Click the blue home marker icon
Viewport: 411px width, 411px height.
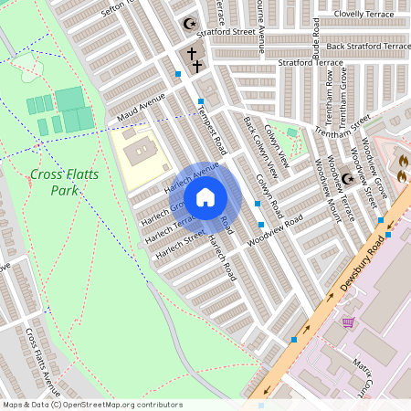tap(205, 197)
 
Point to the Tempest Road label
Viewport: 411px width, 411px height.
tap(211, 127)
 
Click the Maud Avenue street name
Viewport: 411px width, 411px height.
tap(142, 107)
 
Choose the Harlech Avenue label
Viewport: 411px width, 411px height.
tap(192, 177)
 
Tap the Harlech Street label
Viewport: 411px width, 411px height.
tap(180, 241)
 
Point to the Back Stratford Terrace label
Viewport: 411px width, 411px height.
tap(360, 46)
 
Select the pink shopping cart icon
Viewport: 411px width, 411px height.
tap(348, 321)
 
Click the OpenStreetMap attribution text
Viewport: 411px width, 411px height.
tap(91, 405)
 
